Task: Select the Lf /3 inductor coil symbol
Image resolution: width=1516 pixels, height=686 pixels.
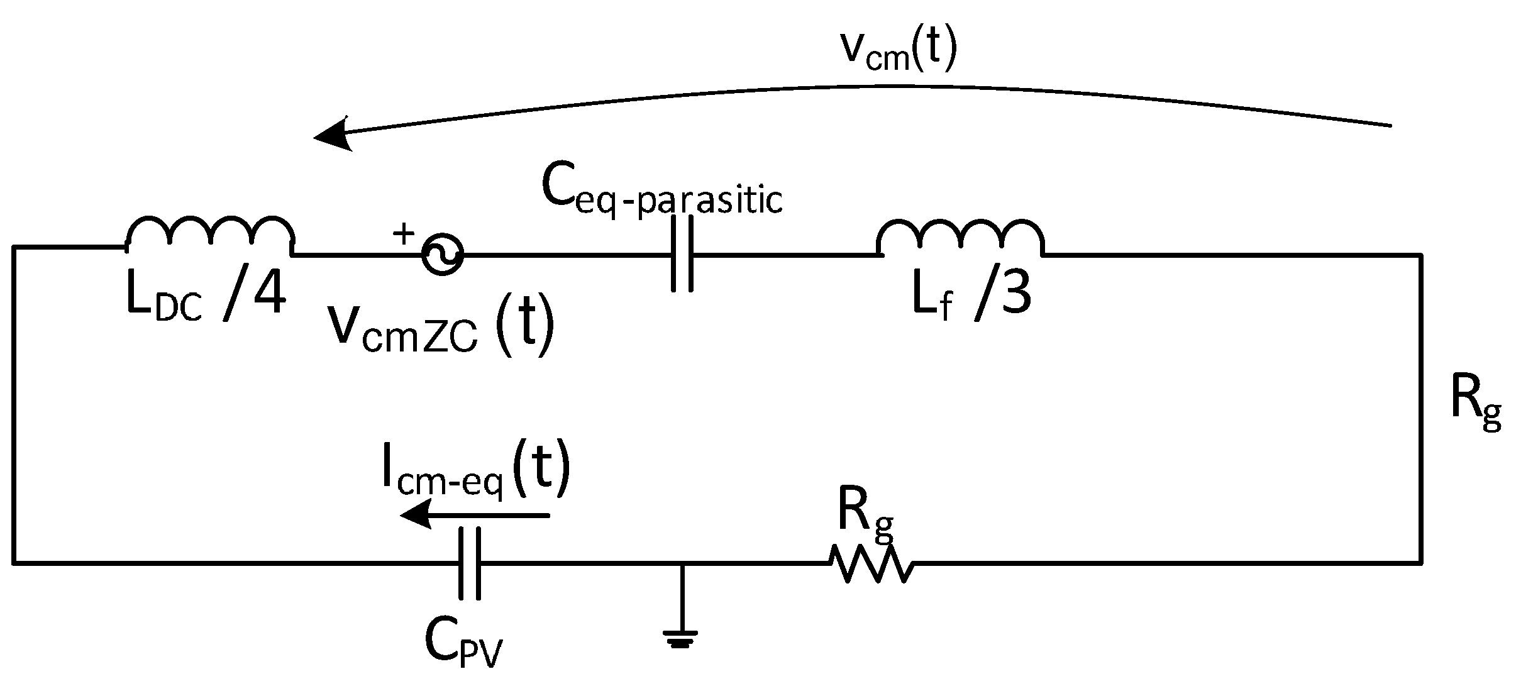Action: click(x=960, y=238)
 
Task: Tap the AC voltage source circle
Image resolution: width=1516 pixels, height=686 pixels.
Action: click(x=443, y=255)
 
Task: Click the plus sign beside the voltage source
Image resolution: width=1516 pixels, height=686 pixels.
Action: click(x=404, y=234)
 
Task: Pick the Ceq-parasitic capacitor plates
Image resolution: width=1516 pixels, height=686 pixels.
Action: click(x=682, y=254)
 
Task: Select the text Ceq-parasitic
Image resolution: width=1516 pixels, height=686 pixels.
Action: click(x=661, y=192)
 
